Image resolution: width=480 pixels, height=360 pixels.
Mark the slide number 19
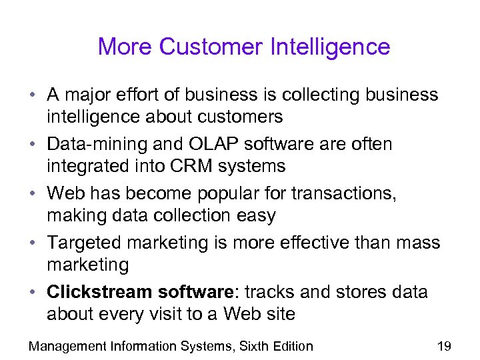click(x=443, y=346)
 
